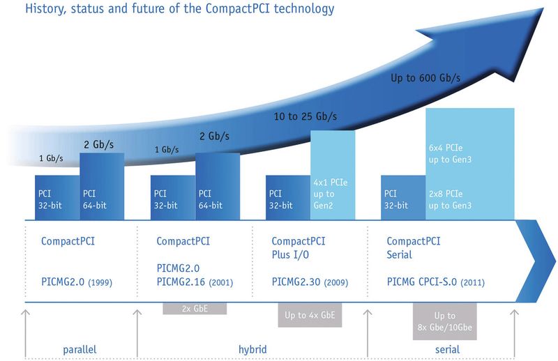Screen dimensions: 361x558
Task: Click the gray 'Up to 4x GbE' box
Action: [x=310, y=315]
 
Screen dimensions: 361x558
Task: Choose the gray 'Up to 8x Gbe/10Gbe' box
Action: [x=446, y=321]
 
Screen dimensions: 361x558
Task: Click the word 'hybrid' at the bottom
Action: [x=250, y=348]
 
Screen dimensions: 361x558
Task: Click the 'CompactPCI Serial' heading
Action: [x=412, y=248]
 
